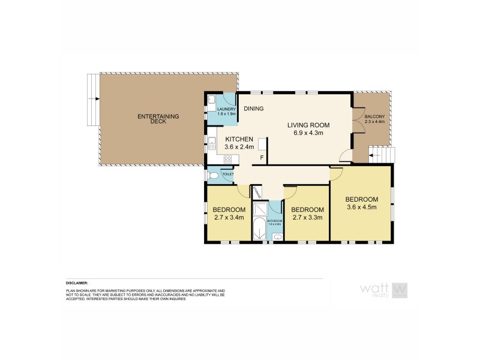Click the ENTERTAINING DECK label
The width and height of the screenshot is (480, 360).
tap(151, 118)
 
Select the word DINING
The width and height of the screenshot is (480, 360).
tap(254, 109)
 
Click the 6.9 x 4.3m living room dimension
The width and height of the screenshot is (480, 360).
tap(308, 133)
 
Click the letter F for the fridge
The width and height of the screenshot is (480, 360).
tap(261, 158)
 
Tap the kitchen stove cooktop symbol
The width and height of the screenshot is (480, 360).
tap(227, 159)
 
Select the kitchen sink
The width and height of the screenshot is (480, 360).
tap(212, 143)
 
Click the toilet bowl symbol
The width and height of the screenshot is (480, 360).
tap(214, 176)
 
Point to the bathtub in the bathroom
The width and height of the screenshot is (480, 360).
tap(259, 231)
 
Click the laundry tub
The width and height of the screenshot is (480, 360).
tap(211, 100)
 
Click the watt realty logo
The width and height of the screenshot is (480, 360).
tap(384, 290)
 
